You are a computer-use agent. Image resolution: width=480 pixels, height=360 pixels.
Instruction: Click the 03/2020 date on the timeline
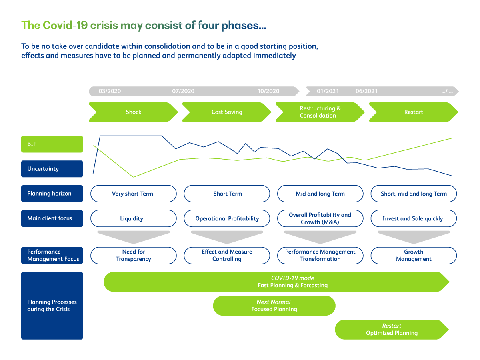pos(110,91)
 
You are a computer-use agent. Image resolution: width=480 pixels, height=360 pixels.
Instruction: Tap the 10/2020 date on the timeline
pos(268,91)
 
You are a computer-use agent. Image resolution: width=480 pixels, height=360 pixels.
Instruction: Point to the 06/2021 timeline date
pos(366,91)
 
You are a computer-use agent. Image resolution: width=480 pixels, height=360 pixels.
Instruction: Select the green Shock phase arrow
pos(133,112)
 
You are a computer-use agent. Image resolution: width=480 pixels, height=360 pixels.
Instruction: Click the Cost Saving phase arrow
pos(227,112)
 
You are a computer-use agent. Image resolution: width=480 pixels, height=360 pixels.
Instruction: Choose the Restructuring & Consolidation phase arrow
pos(320,112)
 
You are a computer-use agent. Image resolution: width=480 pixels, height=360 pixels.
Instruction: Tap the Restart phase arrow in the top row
pos(413,112)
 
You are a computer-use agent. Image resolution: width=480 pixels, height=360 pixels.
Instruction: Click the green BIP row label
pos(52,144)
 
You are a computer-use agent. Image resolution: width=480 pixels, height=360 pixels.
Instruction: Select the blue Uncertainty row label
pos(52,169)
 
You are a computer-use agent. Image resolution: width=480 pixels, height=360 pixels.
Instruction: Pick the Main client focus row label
pos(52,218)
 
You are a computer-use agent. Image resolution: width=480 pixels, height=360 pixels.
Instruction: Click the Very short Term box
pos(133,194)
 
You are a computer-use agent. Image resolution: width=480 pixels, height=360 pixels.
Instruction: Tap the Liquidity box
pos(133,218)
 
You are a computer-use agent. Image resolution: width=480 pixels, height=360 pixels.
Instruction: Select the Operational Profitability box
pos(227,218)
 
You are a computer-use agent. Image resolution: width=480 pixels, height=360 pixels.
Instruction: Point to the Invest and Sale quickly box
pos(413,218)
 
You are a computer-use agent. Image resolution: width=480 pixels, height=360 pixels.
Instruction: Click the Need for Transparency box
pos(133,256)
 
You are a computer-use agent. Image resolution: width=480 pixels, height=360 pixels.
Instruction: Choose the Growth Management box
pos(413,256)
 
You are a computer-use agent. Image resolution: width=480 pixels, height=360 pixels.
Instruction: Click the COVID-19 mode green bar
pos(276,282)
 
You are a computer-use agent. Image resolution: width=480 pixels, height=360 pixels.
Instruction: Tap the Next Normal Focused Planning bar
pos(274,306)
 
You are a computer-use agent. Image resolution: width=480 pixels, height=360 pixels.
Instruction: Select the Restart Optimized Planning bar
pos(392,330)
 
